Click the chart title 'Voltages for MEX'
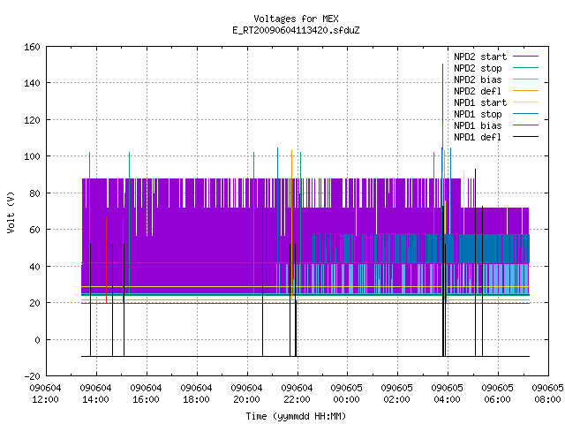point(296,19)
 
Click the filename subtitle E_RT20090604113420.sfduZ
point(296,30)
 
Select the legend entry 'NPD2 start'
point(496,57)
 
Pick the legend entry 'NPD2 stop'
point(496,68)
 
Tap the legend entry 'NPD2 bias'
point(496,79)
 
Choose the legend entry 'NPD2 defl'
point(496,91)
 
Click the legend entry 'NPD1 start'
point(496,102)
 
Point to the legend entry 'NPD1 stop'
point(496,114)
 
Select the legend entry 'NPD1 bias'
point(496,125)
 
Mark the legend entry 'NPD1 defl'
point(496,138)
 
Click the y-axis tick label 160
point(32,47)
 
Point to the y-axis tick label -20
point(32,376)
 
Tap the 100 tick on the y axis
point(32,156)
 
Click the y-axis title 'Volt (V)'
point(11,212)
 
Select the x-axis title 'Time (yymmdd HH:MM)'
point(296,416)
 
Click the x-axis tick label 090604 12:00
point(45,394)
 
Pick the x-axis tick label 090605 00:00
point(347,394)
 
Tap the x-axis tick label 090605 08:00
point(547,394)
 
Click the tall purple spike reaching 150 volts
point(443,94)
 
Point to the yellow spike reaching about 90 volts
point(463,203)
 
